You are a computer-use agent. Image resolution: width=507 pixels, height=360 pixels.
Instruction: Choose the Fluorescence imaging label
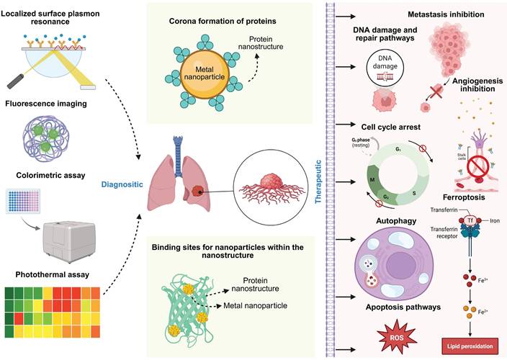click(x=51, y=104)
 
